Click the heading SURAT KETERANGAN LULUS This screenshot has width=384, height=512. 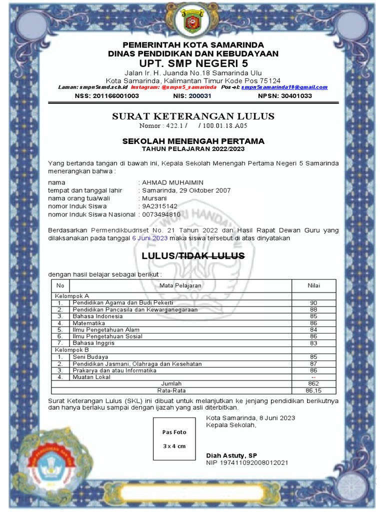(193, 116)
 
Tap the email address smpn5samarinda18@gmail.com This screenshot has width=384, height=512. (284, 87)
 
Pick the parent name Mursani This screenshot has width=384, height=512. (154, 198)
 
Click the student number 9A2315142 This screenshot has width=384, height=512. (159, 206)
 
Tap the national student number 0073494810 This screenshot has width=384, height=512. (161, 214)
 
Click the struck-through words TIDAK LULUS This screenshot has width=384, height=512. (212, 256)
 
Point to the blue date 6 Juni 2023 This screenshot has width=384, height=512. (149, 238)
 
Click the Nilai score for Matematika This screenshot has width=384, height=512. (313, 323)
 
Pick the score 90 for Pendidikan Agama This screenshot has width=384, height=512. (313, 303)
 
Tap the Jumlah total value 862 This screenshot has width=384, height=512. (313, 383)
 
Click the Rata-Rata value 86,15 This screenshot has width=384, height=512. (313, 390)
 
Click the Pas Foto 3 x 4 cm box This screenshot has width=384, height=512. (174, 438)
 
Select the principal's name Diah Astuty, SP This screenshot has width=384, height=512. (231, 455)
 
